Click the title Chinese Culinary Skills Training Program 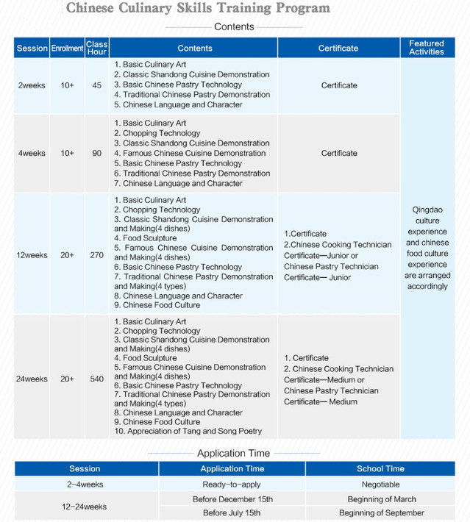point(198,8)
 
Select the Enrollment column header point(67,49)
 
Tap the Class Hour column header point(97,49)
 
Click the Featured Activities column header point(427,48)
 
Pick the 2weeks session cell point(32,85)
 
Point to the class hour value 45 point(97,85)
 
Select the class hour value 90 point(97,153)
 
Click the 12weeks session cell point(32,255)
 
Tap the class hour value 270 point(97,255)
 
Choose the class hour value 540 point(97,379)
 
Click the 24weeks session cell point(32,379)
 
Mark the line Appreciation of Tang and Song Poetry point(188,432)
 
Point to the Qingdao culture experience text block point(427,248)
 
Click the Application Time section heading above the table point(233,454)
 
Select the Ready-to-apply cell point(232,485)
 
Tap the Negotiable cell point(380,485)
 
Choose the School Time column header point(380,469)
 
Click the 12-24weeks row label point(85,507)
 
